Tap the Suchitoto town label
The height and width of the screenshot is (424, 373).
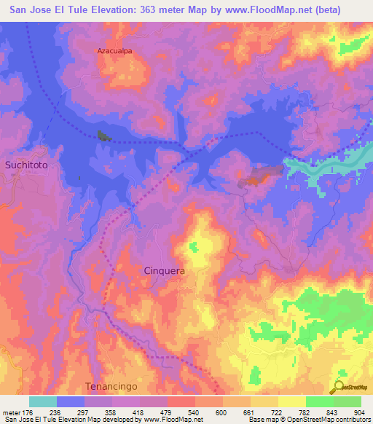coord(26,165)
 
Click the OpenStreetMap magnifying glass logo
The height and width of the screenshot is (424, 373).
coord(340,386)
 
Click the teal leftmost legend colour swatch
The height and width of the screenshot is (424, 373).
coord(42,401)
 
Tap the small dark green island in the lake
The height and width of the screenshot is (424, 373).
coord(101,135)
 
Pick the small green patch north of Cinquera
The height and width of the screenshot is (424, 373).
coord(194,248)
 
